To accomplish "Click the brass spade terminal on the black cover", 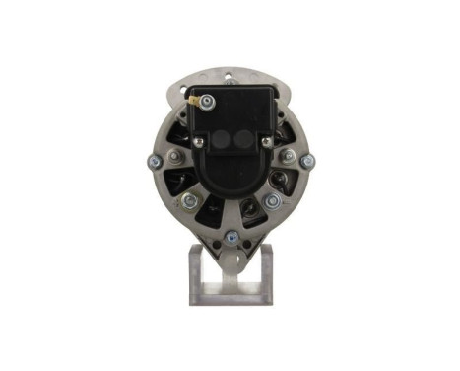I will pyautogui.click(x=207, y=99).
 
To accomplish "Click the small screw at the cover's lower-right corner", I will pyautogui.click(x=266, y=143).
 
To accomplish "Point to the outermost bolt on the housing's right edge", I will pyautogui.click(x=307, y=161).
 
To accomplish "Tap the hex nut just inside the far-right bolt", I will pyautogui.click(x=288, y=156).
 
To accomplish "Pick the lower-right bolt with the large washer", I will pyautogui.click(x=273, y=201).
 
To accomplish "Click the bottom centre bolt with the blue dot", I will pyautogui.click(x=230, y=236).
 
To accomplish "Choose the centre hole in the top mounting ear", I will pyautogui.click(x=230, y=73).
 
